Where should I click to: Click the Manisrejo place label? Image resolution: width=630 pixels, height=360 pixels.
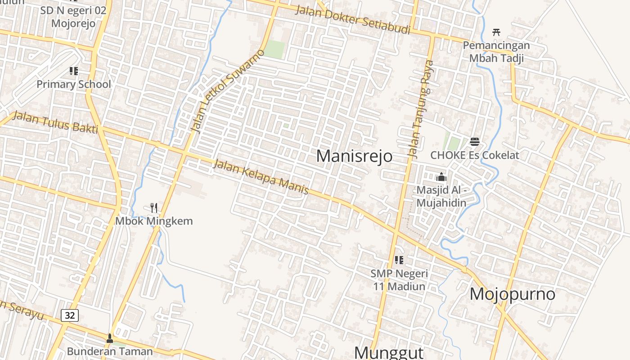(354, 156)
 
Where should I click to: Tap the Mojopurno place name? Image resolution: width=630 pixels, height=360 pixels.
(513, 294)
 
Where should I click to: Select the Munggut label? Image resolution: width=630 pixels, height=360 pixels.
(389, 352)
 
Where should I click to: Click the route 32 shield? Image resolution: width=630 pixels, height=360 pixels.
(70, 315)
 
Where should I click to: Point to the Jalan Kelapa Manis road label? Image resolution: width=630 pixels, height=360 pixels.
(261, 177)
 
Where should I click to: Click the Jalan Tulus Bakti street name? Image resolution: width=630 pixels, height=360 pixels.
(55, 122)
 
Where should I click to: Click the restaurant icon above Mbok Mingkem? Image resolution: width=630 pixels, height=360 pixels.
(154, 207)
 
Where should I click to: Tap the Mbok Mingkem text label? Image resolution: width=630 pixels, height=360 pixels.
(154, 221)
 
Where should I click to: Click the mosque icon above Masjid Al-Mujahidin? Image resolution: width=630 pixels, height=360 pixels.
(441, 177)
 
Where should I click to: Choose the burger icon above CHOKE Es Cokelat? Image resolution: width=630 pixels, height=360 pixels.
(474, 142)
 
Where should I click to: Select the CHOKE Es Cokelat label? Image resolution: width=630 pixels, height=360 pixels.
(475, 155)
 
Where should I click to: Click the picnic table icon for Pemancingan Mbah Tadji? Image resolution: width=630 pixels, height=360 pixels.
(496, 32)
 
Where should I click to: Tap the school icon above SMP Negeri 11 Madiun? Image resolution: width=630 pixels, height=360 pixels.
(399, 260)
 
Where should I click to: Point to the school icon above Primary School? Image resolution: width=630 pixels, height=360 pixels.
(74, 71)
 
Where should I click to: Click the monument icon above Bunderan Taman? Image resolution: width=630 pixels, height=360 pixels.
(110, 338)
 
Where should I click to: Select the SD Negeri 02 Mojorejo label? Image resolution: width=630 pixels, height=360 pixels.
(73, 17)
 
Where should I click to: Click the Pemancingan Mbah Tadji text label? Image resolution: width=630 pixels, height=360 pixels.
(496, 51)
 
